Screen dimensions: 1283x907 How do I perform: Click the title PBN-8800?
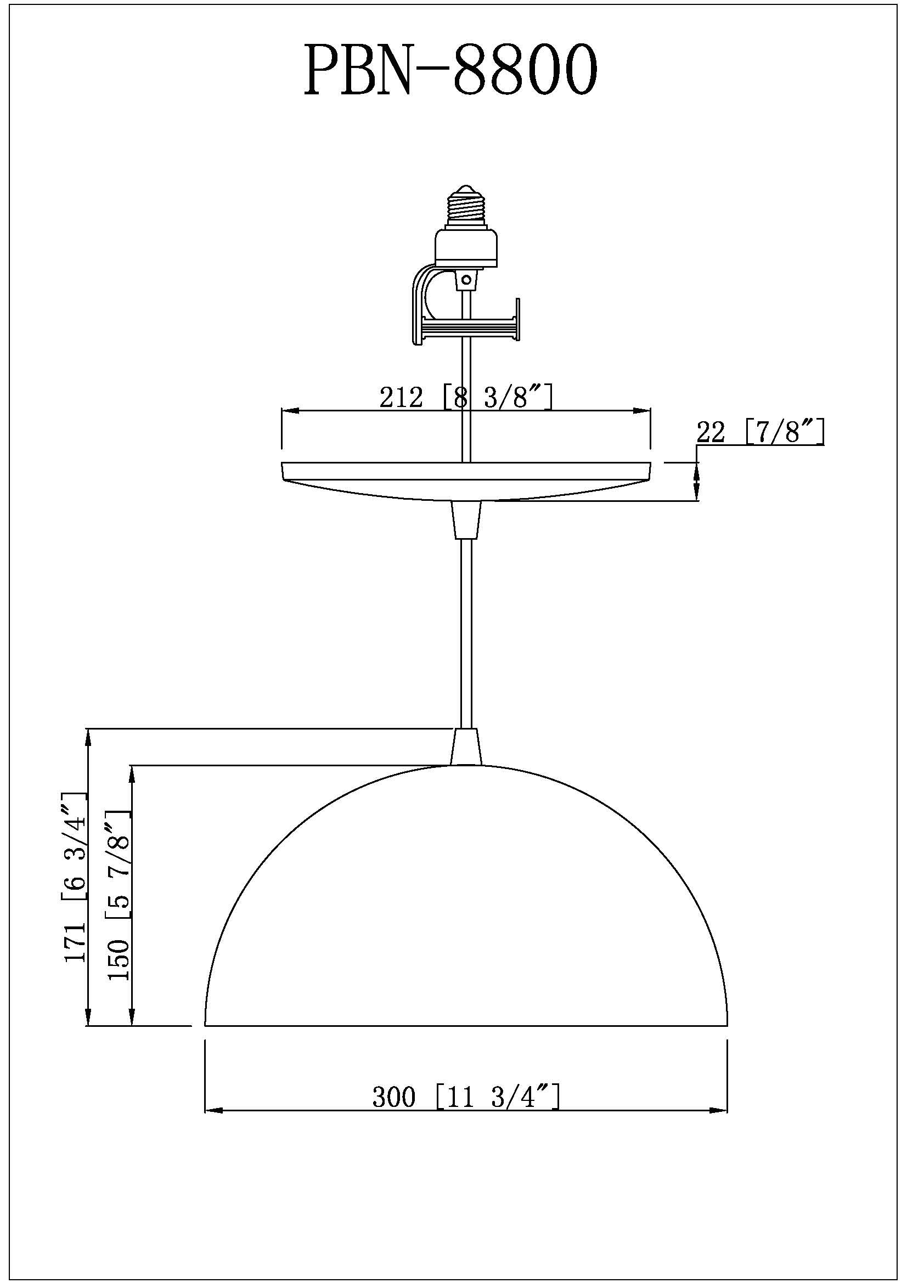point(450,71)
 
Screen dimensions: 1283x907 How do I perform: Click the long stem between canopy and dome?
point(465,631)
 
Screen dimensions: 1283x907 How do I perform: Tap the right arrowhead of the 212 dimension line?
point(643,411)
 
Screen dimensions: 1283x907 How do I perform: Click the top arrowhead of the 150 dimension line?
point(132,773)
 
